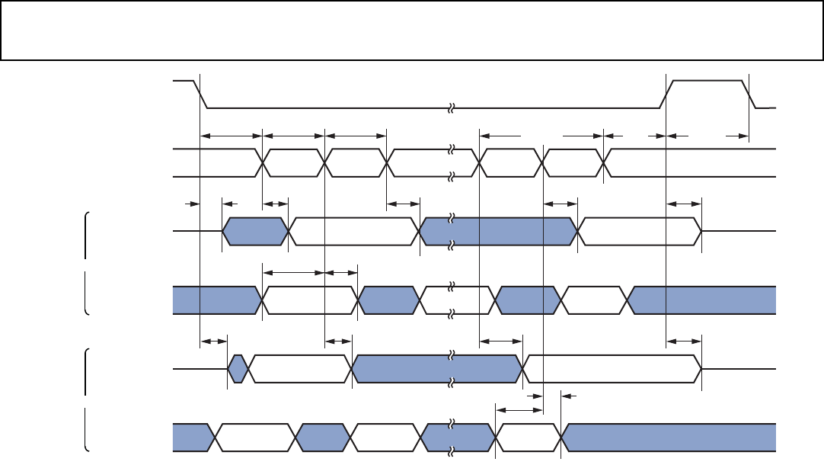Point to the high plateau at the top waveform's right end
707,80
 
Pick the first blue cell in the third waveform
256,231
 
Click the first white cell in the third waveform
354,231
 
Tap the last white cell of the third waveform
639,231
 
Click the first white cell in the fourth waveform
309,300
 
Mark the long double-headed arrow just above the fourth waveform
293,272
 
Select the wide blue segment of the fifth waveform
438,368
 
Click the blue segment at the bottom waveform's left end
190,437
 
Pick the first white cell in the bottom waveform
256,437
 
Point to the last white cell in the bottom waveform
529,437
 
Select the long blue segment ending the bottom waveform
670,437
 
